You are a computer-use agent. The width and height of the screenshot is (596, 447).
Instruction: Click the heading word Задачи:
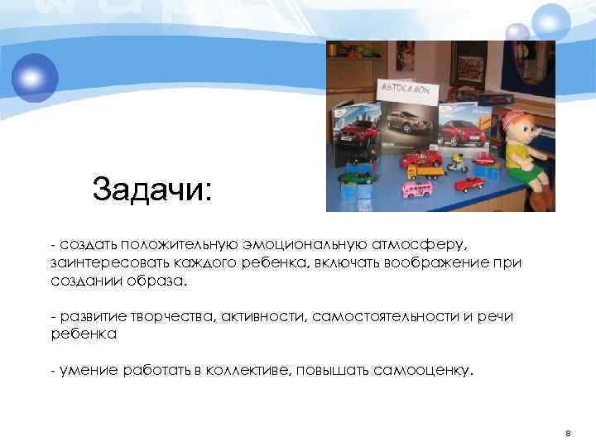coord(152,190)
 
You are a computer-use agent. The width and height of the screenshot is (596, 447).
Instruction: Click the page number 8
coord(568,433)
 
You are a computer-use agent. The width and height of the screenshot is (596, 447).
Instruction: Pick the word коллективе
coord(253,371)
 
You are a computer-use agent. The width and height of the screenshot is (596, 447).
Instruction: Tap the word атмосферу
coord(421,245)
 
